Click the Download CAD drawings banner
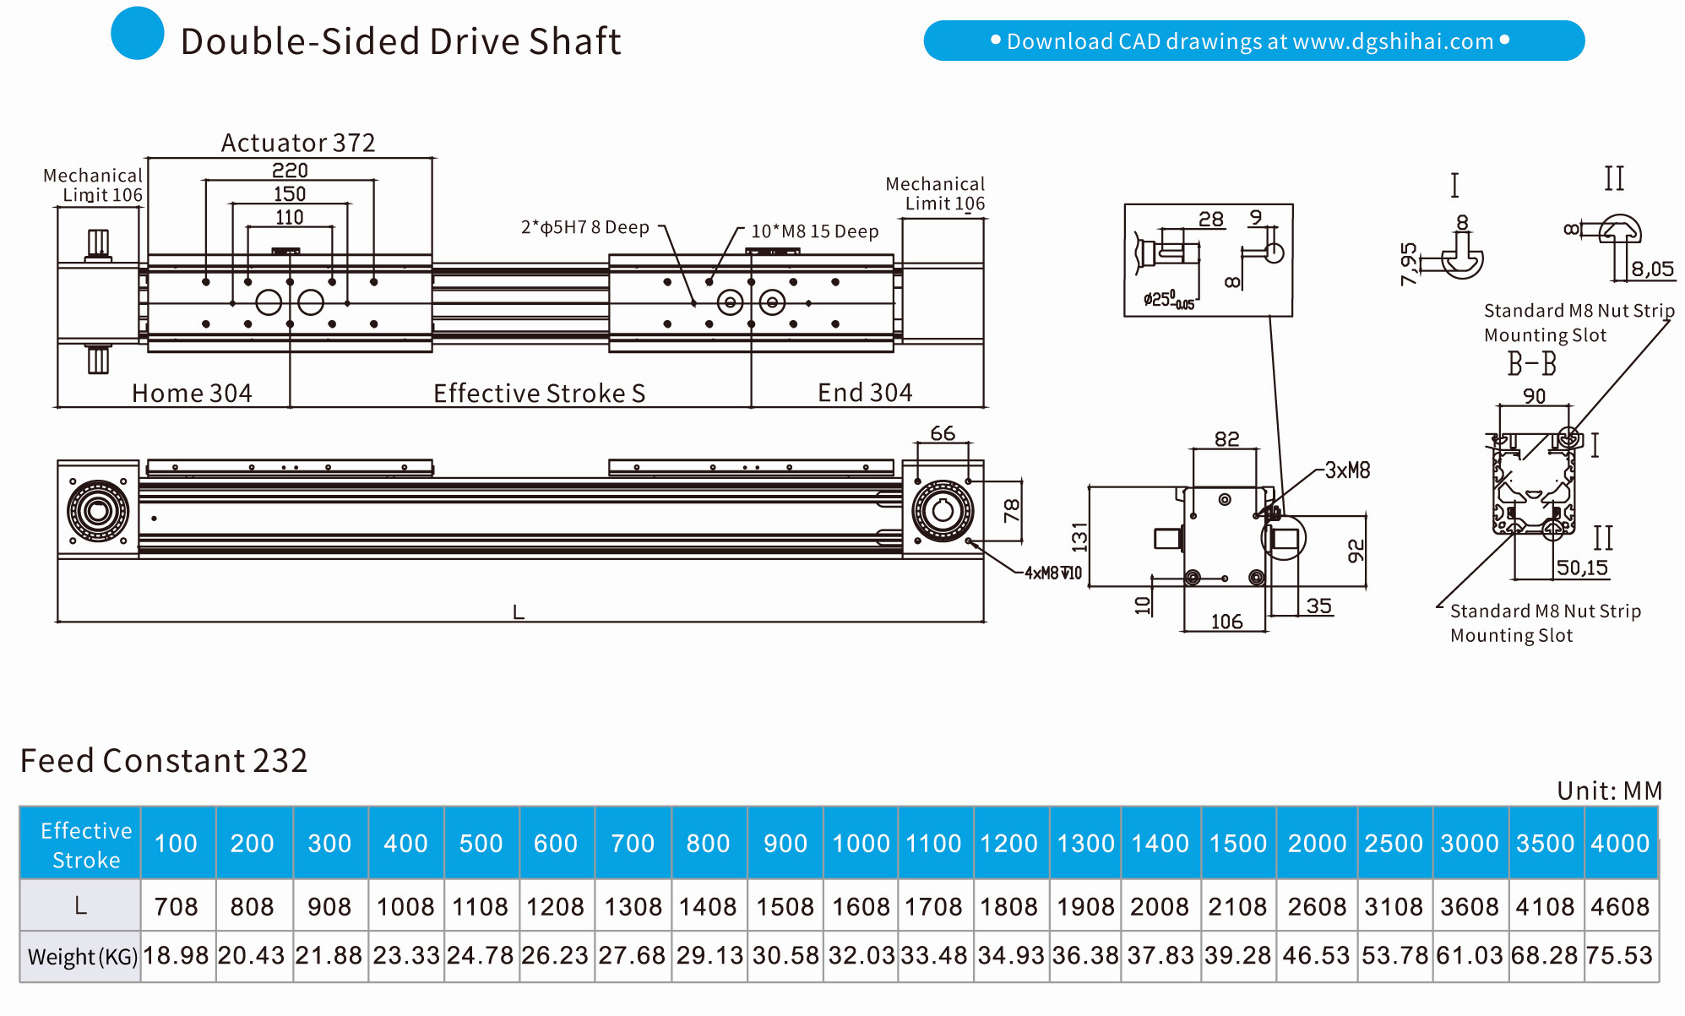coord(1253,41)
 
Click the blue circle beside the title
coord(137,34)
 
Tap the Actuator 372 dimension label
coord(297,143)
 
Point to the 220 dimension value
coord(290,171)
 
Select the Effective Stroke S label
coord(539,394)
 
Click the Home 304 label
coord(192,394)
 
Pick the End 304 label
coord(865,393)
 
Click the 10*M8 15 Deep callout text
coord(815,231)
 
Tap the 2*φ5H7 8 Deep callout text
coord(584,227)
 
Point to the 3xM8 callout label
coord(1347,470)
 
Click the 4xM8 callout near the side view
coord(1052,573)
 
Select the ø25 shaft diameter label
coord(1168,300)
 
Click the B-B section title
coord(1531,364)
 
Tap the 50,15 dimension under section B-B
coord(1582,568)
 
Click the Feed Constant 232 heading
coord(164,760)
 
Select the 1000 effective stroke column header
coord(861,843)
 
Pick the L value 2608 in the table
coord(1317,906)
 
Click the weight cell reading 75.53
coord(1619,955)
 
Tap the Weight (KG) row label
coord(82,956)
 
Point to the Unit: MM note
coord(1609,791)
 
